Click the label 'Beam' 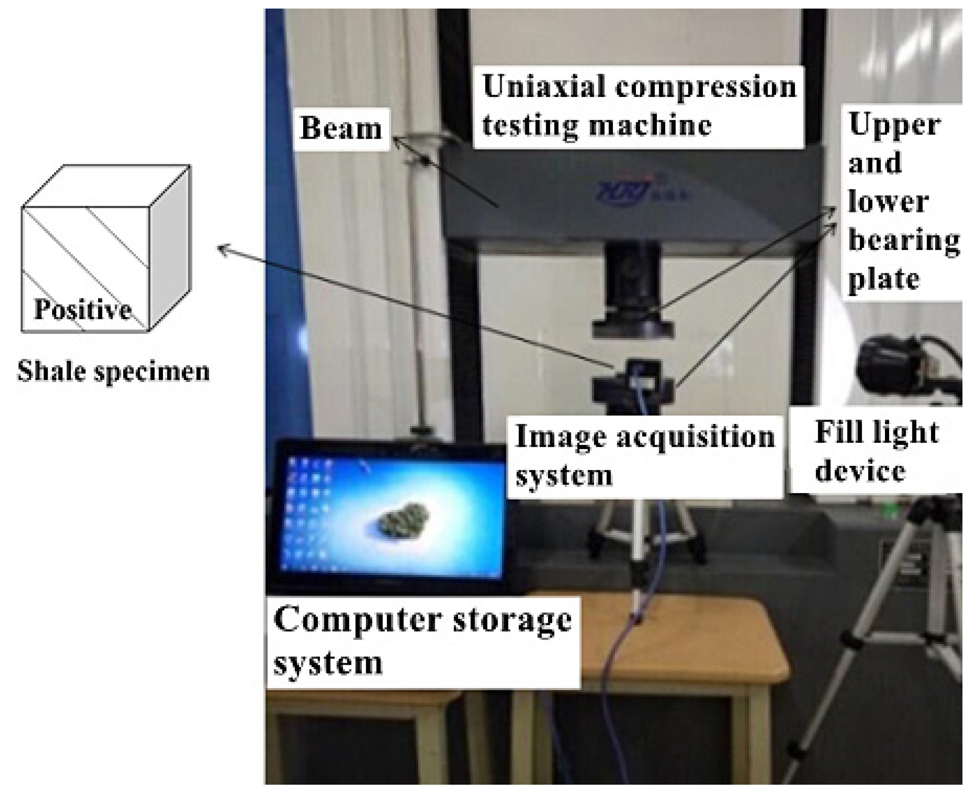point(341,129)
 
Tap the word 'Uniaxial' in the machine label point(544,86)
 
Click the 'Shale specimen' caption point(113,371)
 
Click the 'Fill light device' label point(876,450)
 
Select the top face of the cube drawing point(107,185)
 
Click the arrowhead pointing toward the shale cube point(221,248)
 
